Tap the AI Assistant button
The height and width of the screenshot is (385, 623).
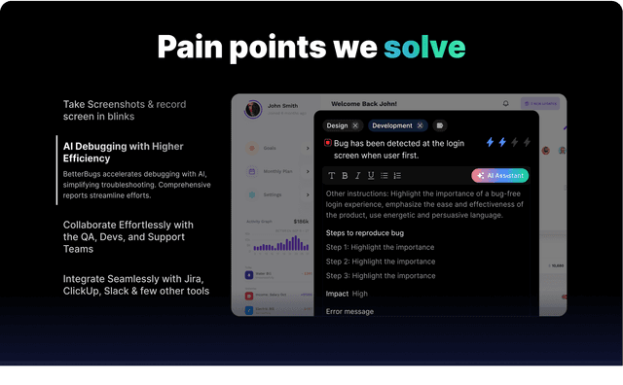click(x=499, y=176)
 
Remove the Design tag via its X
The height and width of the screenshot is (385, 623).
click(x=355, y=125)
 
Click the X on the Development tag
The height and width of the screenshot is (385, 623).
click(x=421, y=125)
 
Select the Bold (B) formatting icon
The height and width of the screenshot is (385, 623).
click(x=345, y=176)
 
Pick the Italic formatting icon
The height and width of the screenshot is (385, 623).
click(x=357, y=176)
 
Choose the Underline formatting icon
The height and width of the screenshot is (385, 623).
click(x=371, y=176)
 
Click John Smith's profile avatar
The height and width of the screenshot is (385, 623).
click(x=253, y=108)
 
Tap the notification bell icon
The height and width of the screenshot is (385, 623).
click(x=505, y=103)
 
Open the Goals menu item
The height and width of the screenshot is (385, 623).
click(x=269, y=148)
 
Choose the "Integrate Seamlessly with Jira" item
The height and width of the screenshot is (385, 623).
click(x=134, y=284)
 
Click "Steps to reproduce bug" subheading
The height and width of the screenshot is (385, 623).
click(x=365, y=233)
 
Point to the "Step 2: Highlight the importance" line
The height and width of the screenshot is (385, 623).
click(x=380, y=262)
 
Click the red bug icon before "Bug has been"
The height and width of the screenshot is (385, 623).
click(x=329, y=143)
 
